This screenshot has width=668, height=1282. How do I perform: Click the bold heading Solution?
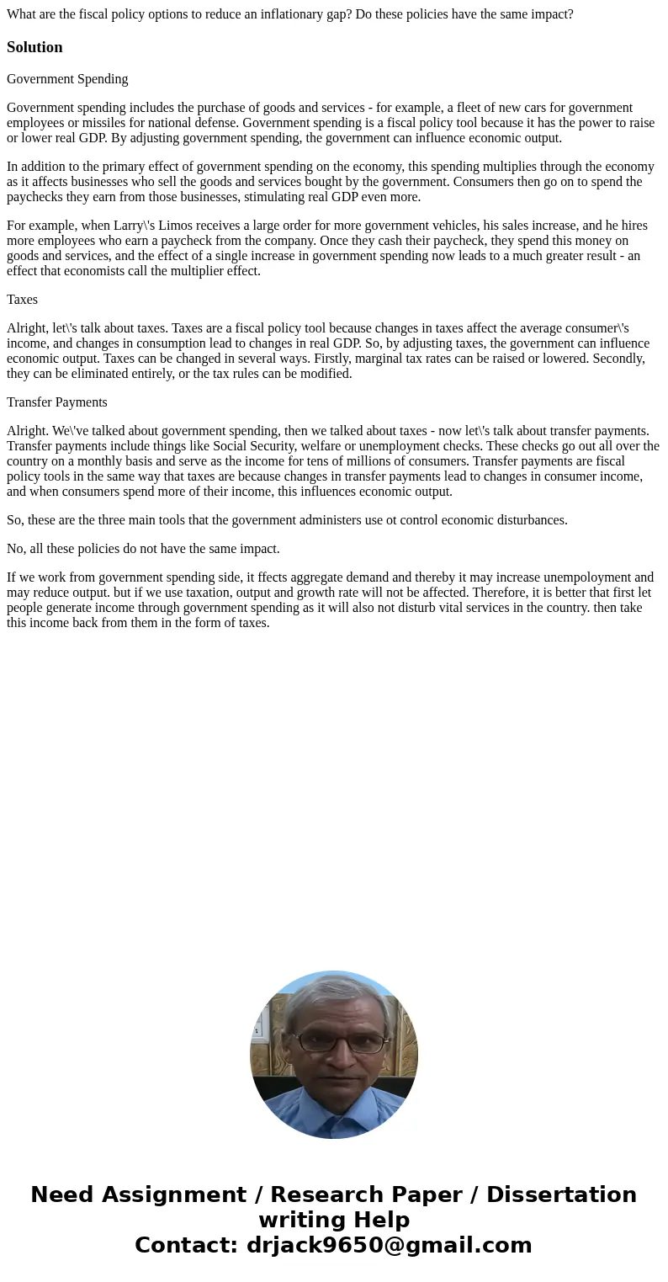pyautogui.click(x=34, y=47)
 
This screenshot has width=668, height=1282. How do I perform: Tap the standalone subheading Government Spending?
pyautogui.click(x=67, y=79)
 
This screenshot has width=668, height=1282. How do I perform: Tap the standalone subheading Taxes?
pyautogui.click(x=22, y=300)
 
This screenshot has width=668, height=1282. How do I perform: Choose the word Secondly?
pyautogui.click(x=618, y=359)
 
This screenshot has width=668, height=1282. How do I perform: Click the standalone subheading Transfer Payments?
pyautogui.click(x=57, y=402)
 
